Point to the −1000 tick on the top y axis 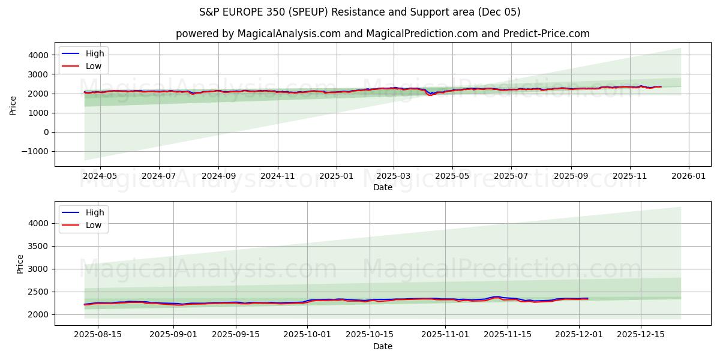[x=37, y=151]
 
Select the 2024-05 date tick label [x=100, y=176]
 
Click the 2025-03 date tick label [x=394, y=176]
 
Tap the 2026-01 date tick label [x=688, y=176]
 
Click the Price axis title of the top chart [x=13, y=104]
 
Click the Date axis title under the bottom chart [x=382, y=346]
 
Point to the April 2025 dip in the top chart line [x=430, y=95]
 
